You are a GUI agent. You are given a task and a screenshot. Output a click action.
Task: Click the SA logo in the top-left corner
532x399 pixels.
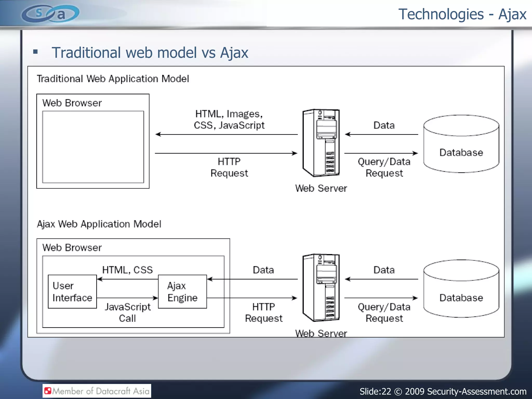[x=50, y=14]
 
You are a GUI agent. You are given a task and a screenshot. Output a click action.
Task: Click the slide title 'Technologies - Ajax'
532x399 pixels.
[x=462, y=14]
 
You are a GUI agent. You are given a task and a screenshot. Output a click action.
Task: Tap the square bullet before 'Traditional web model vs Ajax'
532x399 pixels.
[x=36, y=52]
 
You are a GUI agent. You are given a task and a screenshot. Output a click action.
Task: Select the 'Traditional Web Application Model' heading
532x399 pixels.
[x=113, y=79]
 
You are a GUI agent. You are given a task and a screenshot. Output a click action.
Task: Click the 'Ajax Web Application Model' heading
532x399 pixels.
[x=99, y=224]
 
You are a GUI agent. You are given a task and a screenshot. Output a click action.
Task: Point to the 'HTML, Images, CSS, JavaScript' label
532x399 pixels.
[x=229, y=119]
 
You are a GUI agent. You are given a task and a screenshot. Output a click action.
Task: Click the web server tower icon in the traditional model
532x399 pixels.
[x=321, y=143]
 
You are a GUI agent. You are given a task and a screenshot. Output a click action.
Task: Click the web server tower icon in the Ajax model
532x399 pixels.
[x=321, y=288]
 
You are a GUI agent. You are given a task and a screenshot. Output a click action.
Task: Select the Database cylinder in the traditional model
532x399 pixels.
[x=461, y=144]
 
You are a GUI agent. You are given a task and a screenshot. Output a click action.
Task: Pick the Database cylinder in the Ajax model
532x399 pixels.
[x=461, y=289]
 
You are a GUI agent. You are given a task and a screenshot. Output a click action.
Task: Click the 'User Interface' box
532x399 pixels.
[x=72, y=292]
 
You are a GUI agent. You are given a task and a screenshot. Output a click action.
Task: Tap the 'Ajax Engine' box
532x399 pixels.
[x=182, y=292]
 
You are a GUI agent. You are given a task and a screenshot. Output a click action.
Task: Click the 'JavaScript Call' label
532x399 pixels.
[x=128, y=312]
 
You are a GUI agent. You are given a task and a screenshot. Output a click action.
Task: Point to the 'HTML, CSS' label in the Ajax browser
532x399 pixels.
[x=127, y=270]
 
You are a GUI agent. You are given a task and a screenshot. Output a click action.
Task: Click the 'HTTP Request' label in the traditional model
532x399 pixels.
[x=229, y=167]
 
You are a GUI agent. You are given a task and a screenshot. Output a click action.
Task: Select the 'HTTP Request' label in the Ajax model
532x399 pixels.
[x=264, y=312]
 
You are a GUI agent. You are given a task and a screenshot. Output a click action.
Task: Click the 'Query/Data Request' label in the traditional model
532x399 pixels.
[x=384, y=167]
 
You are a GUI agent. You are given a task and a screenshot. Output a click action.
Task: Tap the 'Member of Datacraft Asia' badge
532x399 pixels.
[x=97, y=391]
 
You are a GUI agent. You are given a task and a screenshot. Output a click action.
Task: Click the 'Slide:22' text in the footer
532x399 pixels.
[x=375, y=391]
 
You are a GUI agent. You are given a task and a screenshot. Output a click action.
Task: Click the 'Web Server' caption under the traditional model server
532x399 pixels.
[x=321, y=188]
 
